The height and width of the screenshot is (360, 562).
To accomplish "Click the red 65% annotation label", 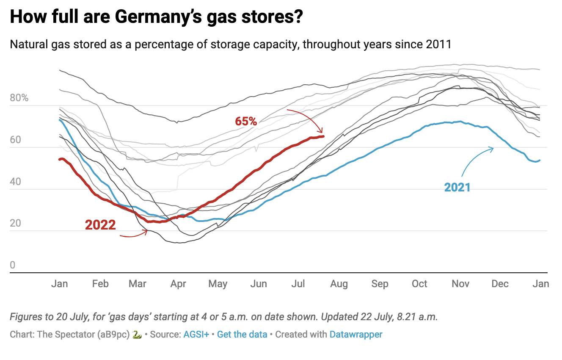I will pos(246,122).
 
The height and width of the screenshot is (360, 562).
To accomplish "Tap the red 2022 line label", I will pos(100,224).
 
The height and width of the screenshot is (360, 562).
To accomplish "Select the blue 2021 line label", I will pos(457,187).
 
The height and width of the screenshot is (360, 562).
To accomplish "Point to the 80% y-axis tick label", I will pos(19,98).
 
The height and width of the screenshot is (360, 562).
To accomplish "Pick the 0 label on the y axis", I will pos(13,265).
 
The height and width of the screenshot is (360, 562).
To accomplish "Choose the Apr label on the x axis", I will pos(178,284).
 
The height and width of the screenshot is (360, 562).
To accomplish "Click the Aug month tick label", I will pos(339,284).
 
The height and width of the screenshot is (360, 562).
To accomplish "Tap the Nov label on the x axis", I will pos(460,284).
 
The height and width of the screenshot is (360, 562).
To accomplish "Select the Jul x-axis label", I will pos(298,284).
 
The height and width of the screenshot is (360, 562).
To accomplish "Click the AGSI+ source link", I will pos(196,335).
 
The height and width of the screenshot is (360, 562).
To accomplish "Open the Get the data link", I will pos(242,335).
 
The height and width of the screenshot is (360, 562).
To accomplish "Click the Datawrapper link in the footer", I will pos(356,335).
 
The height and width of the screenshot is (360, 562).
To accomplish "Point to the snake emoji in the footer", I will pos(136,335).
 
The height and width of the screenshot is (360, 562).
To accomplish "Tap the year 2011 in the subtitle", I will pos(440,44).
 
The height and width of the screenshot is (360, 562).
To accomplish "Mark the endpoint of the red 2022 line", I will pos(323,136).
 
